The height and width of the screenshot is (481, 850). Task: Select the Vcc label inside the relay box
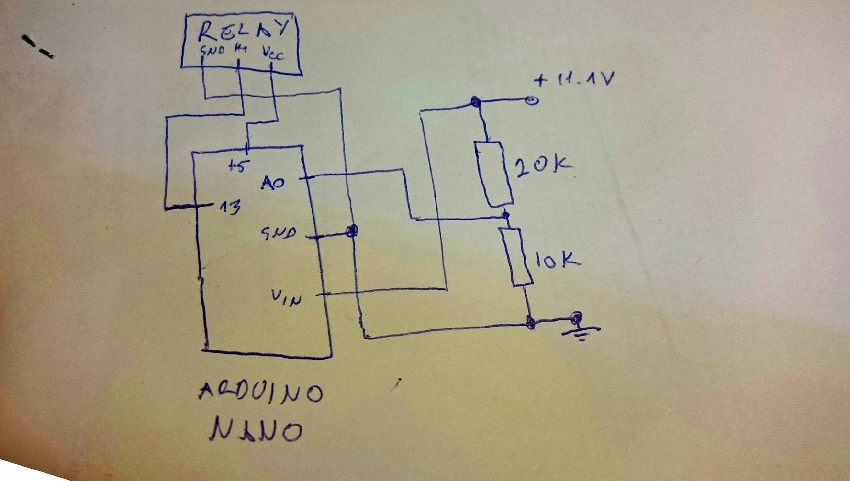point(273,54)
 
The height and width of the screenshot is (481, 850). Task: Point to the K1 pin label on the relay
point(240,49)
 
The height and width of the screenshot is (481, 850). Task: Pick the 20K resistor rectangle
point(494,174)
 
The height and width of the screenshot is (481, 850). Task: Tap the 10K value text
point(556,261)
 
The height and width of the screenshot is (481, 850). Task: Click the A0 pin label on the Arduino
point(273,183)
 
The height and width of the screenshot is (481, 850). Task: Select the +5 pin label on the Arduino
point(239,166)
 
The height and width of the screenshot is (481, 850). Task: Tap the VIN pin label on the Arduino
point(287,297)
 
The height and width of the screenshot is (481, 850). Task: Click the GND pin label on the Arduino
point(278,233)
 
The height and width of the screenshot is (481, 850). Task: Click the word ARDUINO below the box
point(261,393)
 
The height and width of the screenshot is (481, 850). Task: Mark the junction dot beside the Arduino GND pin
point(352,231)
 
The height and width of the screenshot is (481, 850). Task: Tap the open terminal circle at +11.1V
point(531,100)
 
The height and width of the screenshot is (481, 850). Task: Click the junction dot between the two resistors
point(506,216)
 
